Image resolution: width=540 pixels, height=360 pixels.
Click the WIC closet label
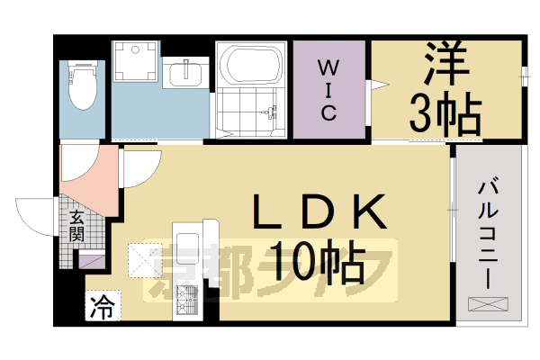tap(328, 90)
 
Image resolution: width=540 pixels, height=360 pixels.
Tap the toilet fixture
tap(82, 85)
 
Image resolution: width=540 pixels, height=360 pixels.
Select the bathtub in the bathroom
tap(251, 66)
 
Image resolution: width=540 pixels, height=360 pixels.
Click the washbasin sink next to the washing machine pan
tap(186, 73)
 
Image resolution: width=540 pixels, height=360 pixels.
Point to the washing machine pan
tap(135, 61)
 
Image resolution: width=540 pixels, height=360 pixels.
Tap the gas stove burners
tap(187, 300)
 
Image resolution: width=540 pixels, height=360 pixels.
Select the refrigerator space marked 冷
tap(103, 306)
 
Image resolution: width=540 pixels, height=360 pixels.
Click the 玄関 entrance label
tap(76, 226)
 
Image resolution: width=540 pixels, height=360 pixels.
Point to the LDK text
tap(319, 211)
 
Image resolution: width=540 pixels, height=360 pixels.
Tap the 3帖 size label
tap(445, 113)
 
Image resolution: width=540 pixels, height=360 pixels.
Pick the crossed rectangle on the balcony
tap(488, 304)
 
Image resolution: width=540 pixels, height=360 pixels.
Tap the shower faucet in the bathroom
tap(269, 112)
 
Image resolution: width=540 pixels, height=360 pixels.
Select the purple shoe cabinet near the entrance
tap(92, 260)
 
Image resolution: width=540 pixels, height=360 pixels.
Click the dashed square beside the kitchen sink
tap(145, 260)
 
